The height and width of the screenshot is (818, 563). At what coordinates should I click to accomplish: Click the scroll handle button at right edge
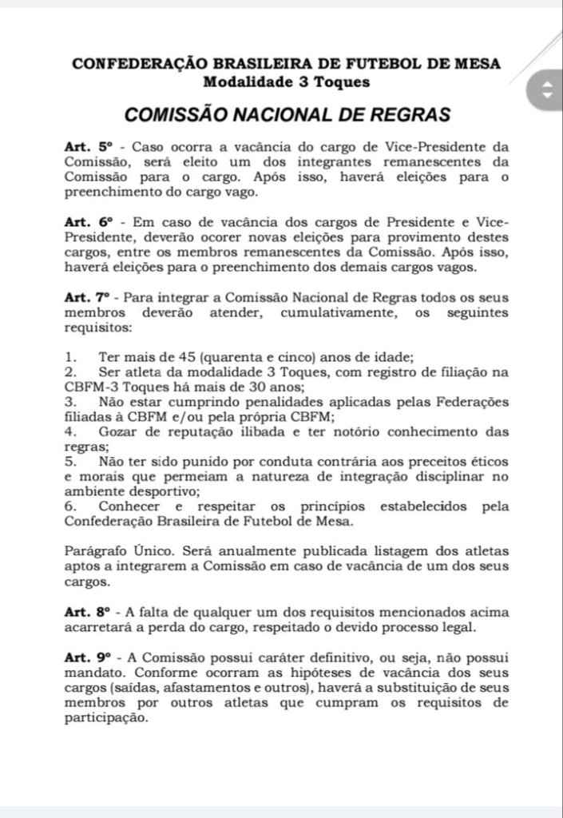point(547,90)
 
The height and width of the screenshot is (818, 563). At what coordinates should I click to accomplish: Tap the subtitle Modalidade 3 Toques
point(285,80)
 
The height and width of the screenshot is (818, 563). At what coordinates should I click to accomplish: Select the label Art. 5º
point(92,149)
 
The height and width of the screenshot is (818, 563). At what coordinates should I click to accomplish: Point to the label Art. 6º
point(92,221)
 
